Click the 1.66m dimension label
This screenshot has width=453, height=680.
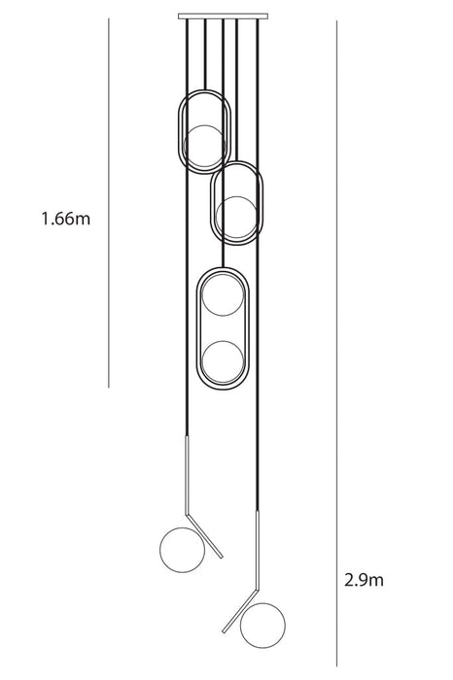coord(66,219)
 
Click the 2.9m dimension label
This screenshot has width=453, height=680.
coord(364,580)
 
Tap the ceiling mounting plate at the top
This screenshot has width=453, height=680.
coord(223,17)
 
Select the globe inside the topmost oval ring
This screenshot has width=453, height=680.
coord(204,146)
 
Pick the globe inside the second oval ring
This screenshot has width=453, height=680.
coord(236,218)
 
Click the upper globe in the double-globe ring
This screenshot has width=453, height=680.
coord(223,295)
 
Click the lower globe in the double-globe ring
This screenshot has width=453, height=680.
coord(223,361)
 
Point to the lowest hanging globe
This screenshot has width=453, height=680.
coord(262,626)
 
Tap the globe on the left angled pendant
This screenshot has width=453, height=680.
coord(182,550)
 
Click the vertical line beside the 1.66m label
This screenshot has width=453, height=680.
coord(109,202)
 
